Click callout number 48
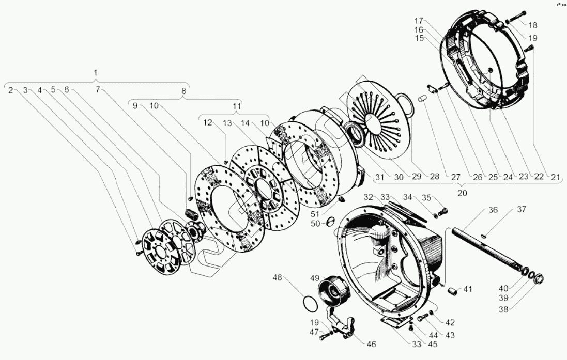pyautogui.click(x=278, y=278)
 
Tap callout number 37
pyautogui.click(x=521, y=210)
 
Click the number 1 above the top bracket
pyautogui.click(x=96, y=72)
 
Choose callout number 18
pyautogui.click(x=532, y=25)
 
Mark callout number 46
pyautogui.click(x=371, y=344)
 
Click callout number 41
pyautogui.click(x=468, y=289)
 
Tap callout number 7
pyautogui.click(x=98, y=90)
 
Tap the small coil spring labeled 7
pyautogui.click(x=192, y=214)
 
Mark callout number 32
pyautogui.click(x=368, y=197)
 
